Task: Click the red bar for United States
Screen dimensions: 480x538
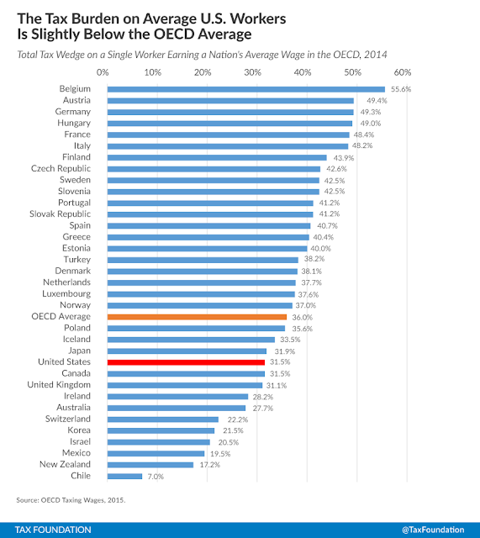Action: point(186,362)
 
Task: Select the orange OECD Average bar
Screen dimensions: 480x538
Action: point(197,317)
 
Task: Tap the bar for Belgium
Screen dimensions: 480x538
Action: point(246,90)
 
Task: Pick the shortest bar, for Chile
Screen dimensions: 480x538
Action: point(124,477)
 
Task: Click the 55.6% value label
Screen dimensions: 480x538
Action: point(401,89)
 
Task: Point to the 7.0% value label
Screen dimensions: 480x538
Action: point(156,477)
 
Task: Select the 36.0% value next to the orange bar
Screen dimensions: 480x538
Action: point(303,318)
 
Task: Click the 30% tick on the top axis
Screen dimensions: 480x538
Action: point(252,72)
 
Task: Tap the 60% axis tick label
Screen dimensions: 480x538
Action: point(403,72)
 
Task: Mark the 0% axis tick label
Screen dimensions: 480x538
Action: point(103,72)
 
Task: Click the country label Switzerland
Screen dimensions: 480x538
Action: point(68,419)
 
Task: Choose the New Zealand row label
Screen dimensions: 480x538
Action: point(66,464)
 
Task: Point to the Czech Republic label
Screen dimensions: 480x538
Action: point(61,168)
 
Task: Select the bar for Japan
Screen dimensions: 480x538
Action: point(187,351)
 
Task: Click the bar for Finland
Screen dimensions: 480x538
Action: point(217,158)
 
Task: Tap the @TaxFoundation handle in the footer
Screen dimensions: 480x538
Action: point(433,530)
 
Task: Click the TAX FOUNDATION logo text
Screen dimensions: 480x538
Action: point(53,530)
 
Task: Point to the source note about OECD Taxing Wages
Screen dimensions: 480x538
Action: point(71,500)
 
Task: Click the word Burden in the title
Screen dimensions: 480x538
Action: point(95,18)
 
